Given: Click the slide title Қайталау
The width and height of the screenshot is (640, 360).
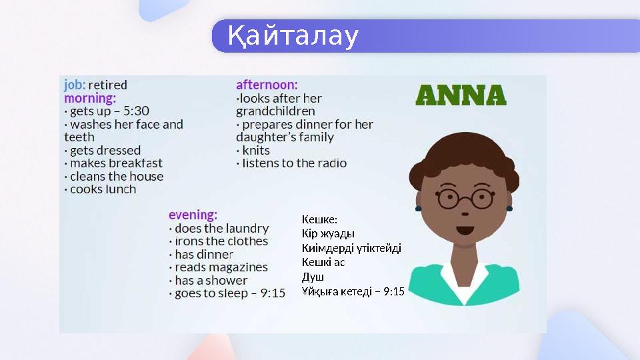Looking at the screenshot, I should coord(293,36).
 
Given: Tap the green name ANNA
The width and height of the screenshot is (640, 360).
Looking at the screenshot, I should coord(461,95).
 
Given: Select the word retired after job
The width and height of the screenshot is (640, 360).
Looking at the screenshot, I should coord(107,85).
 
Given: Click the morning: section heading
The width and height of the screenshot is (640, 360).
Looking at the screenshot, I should coord(90,98).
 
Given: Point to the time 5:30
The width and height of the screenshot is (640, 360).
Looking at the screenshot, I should coord(136,111).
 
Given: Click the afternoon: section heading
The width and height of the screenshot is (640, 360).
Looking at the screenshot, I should coord(267,85).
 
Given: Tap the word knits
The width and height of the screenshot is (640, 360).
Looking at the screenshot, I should coord(256,150).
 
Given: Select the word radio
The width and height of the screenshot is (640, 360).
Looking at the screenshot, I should coord(331,163).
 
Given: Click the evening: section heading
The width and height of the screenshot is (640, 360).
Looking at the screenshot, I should coord(193,215).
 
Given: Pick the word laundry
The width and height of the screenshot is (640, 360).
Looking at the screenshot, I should coord(246,229).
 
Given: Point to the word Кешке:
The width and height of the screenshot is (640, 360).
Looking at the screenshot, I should coord(320,219).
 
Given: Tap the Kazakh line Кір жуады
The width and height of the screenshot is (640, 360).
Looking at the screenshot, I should coord(328,234).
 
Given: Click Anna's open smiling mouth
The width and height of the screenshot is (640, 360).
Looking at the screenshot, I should coord(465,231).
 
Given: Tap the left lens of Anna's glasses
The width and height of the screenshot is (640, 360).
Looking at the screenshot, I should coord(448,198).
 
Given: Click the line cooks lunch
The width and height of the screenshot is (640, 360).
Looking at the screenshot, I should coord(103,189).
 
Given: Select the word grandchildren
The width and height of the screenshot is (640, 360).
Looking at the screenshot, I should coord(275,111).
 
